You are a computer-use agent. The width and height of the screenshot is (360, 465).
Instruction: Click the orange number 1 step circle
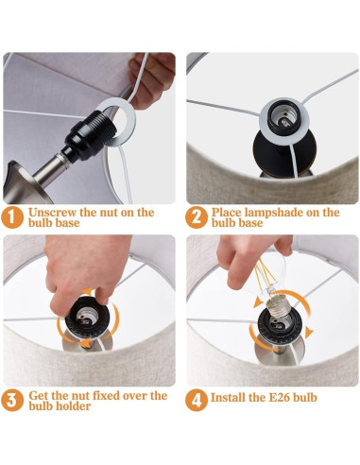[12, 217]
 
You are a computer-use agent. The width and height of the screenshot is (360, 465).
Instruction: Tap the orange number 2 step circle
[196, 217]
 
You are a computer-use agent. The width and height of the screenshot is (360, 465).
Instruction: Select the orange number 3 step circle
[12, 400]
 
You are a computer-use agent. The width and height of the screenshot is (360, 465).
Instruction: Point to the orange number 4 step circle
[196, 400]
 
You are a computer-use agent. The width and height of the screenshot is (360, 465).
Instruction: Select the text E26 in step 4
[280, 398]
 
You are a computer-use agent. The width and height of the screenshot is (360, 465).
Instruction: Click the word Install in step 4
[228, 398]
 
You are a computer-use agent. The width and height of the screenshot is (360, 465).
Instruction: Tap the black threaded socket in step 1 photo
[89, 134]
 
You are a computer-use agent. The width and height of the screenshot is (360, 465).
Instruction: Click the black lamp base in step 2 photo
[284, 153]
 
